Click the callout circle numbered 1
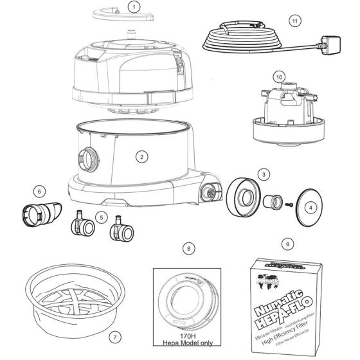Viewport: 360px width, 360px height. tap(133, 7)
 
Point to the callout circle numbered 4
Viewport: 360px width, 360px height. tap(310, 208)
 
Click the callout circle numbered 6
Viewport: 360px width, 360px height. tap(40, 190)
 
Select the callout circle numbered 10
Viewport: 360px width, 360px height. tap(279, 76)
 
